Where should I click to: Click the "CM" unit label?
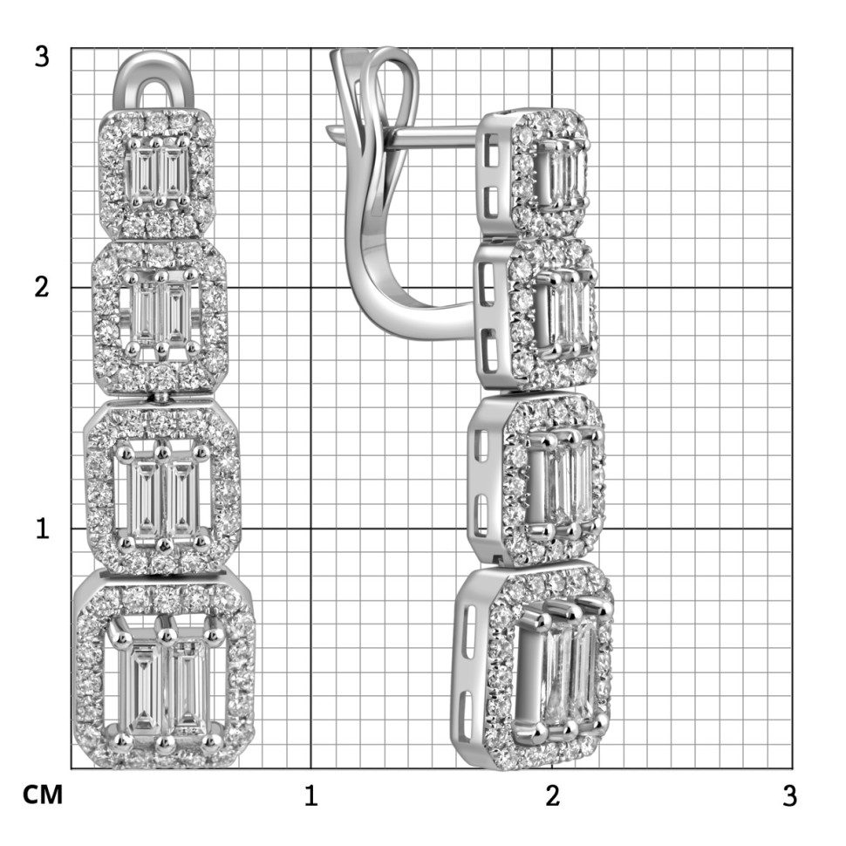point(43,795)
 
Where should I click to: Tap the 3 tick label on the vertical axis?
point(42,56)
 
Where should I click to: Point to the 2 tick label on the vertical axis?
point(42,286)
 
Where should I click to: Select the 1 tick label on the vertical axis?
point(42,529)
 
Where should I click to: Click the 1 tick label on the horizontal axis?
point(310,795)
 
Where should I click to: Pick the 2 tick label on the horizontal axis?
point(552,795)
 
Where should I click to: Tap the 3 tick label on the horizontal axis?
point(789,795)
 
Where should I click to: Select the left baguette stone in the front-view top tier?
point(142,172)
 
